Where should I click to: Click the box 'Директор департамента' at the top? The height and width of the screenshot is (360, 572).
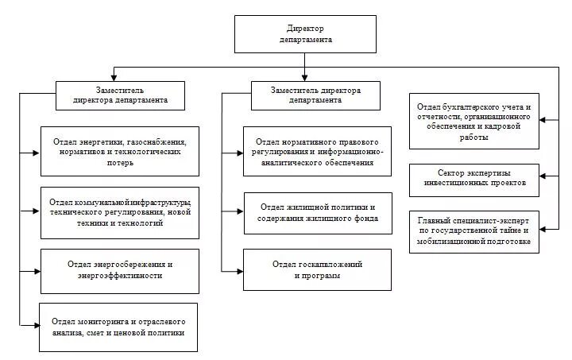(x=305, y=33)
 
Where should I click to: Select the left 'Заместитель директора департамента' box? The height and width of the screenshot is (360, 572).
(x=120, y=95)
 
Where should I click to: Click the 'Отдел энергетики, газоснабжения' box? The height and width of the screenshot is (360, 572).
(x=118, y=151)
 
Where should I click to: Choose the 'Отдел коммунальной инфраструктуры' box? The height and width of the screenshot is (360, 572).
(x=118, y=212)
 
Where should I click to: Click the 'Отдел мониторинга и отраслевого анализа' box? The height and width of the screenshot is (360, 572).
(x=118, y=327)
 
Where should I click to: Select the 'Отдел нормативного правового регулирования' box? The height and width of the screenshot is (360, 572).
(x=317, y=151)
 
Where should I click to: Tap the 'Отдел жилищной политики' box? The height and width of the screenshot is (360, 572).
(x=317, y=212)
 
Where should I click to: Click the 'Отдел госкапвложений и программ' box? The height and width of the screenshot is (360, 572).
(x=317, y=270)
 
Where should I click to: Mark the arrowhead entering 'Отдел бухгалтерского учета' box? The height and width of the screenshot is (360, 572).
(x=544, y=121)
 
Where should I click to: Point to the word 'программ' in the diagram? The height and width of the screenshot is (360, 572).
(x=317, y=277)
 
